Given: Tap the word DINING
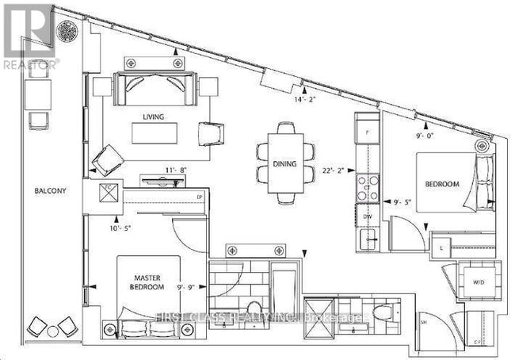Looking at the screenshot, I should tap(284, 164).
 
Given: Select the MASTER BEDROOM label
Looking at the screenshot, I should tap(148, 281).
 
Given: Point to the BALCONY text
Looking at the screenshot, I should tap(38, 191).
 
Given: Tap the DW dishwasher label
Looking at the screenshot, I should tap(367, 215).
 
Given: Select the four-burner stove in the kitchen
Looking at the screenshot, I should tap(367, 187).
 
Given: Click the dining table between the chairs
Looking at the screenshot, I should tap(284, 163).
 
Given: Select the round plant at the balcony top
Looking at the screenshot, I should tap(66, 32).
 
